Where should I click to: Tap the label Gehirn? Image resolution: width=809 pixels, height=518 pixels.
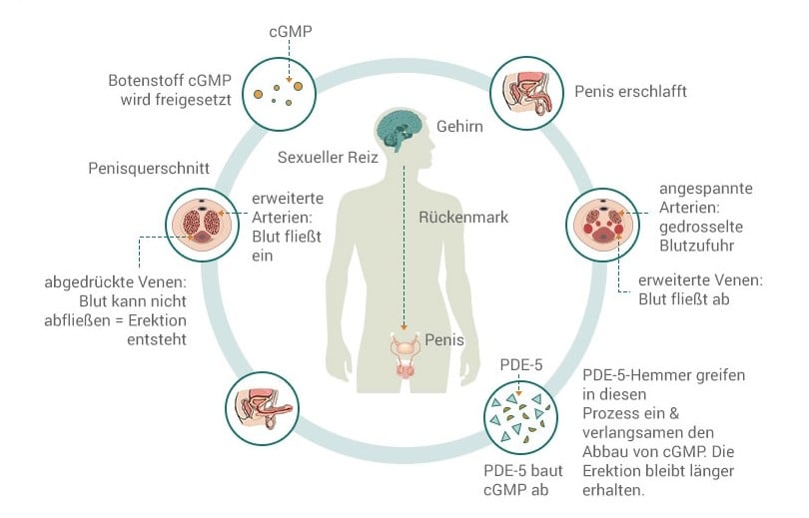pos(459,127)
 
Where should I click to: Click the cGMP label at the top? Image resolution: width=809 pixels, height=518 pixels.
pos(291,31)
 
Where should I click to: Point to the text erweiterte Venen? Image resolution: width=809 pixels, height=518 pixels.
pos(700,279)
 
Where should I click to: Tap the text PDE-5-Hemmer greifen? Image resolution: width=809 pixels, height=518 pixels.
pos(663,374)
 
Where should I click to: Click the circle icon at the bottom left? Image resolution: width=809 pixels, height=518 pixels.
pos(263,408)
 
